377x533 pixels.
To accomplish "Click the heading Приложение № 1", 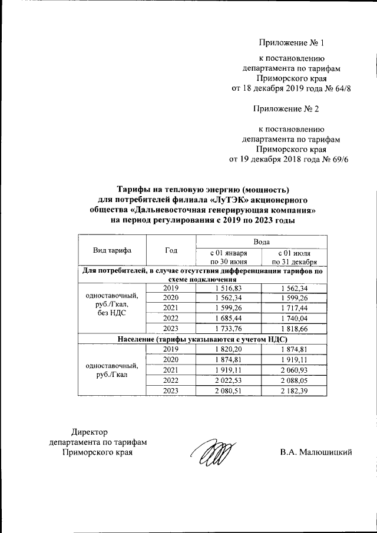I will tap(292, 43).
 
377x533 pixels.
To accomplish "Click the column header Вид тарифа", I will tap(112, 250).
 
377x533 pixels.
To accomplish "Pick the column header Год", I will tap(171, 250).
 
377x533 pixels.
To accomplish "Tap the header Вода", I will tap(262, 241).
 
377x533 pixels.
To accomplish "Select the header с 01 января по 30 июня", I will tap(228, 257).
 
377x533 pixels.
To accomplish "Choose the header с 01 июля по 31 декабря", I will tap(294, 257).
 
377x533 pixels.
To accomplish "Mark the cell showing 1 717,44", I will tap(294, 307).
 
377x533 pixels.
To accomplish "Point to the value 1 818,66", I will tap(294, 328).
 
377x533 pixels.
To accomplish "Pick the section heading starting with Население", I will tap(202, 339).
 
